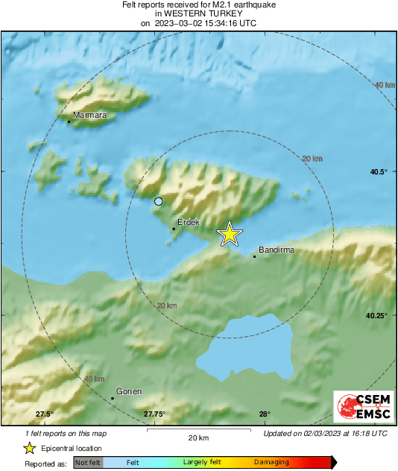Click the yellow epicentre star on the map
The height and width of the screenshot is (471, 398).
point(230,234)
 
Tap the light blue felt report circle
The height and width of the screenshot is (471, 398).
point(158,201)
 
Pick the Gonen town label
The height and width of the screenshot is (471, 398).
point(129,391)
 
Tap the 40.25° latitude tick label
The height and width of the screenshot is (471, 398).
point(376,315)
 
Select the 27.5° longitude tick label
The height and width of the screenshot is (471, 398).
point(45,414)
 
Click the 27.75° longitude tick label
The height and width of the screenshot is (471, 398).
point(154,414)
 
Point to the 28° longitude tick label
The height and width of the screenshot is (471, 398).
point(265,414)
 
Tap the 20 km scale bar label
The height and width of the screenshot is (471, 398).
point(198,437)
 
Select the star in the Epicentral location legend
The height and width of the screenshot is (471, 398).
point(30,448)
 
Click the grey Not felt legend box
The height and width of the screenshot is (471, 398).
point(89,463)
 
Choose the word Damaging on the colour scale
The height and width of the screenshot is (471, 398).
point(271,463)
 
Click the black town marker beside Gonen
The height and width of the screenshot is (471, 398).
point(113,398)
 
